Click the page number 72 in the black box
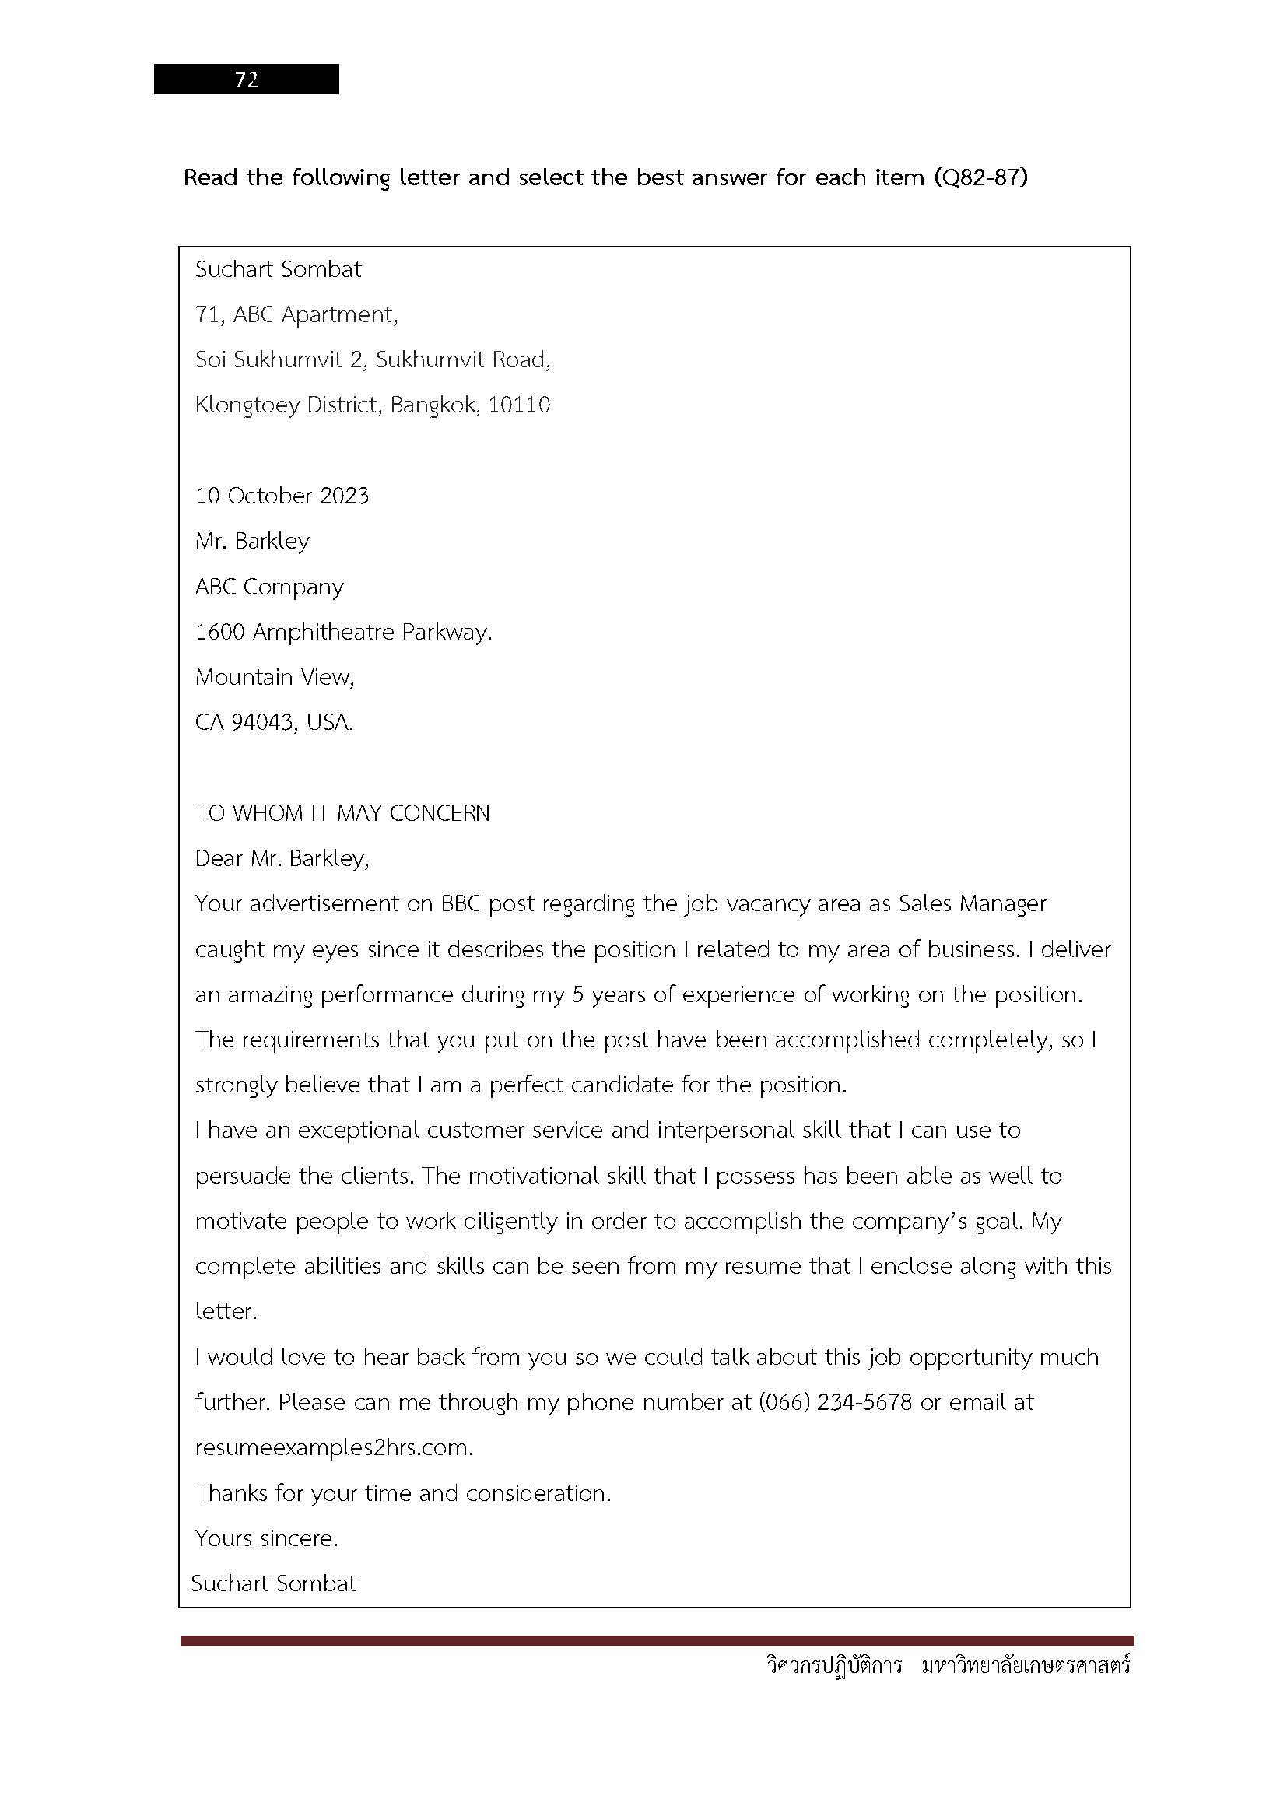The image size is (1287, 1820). click(x=247, y=79)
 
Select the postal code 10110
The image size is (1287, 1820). click(x=519, y=405)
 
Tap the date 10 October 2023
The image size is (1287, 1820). click(x=282, y=496)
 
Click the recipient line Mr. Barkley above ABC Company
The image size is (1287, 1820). click(x=252, y=542)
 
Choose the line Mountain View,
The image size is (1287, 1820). click(x=275, y=677)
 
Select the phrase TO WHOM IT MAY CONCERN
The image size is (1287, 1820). click(x=342, y=813)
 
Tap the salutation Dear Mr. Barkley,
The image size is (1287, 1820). click(x=282, y=858)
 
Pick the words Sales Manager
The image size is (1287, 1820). click(x=973, y=903)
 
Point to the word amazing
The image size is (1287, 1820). click(x=270, y=995)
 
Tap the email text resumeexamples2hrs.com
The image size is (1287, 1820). click(x=334, y=1447)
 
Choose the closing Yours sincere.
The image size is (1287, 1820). click(x=266, y=1538)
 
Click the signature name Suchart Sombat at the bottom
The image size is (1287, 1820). click(x=273, y=1583)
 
